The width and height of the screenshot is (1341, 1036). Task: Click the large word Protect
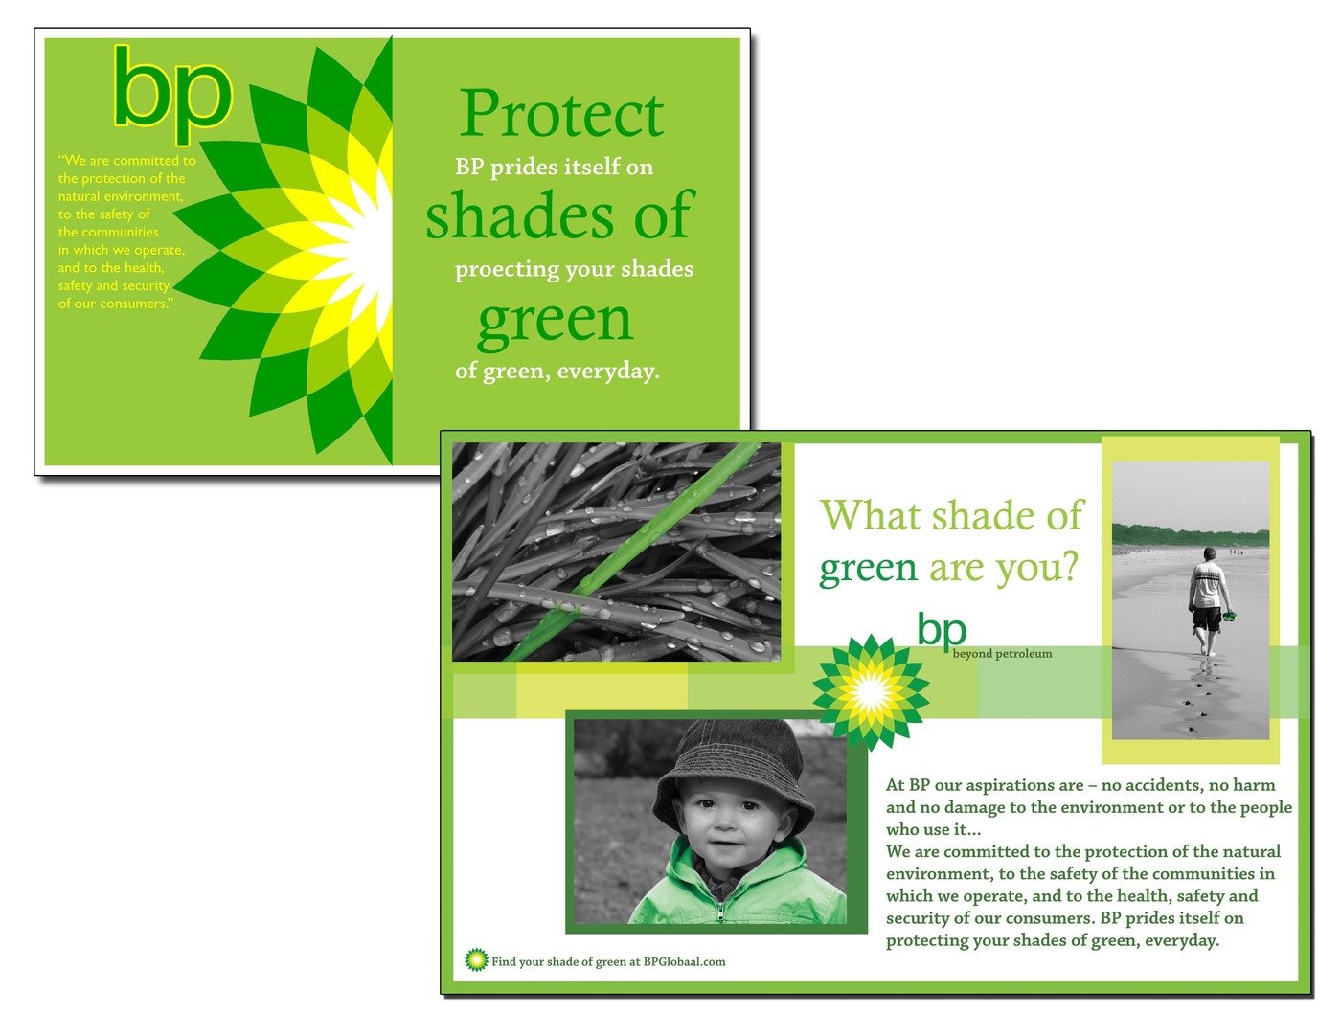pyautogui.click(x=561, y=114)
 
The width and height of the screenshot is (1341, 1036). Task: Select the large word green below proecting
pyautogui.click(x=555, y=322)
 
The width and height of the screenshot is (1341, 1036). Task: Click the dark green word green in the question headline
pyautogui.click(x=868, y=569)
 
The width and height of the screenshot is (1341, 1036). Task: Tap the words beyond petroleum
pyautogui.click(x=1002, y=654)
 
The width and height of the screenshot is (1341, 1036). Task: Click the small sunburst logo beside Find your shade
pyautogui.click(x=476, y=959)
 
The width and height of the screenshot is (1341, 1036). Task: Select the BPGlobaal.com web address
pyautogui.click(x=684, y=961)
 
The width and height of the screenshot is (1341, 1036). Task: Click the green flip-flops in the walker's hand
pyautogui.click(x=1229, y=615)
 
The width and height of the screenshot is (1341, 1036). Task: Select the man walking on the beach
pyautogui.click(x=1208, y=601)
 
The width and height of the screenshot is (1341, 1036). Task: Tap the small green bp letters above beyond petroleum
pyautogui.click(x=942, y=630)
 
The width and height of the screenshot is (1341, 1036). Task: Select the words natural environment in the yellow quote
pyautogui.click(x=121, y=196)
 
